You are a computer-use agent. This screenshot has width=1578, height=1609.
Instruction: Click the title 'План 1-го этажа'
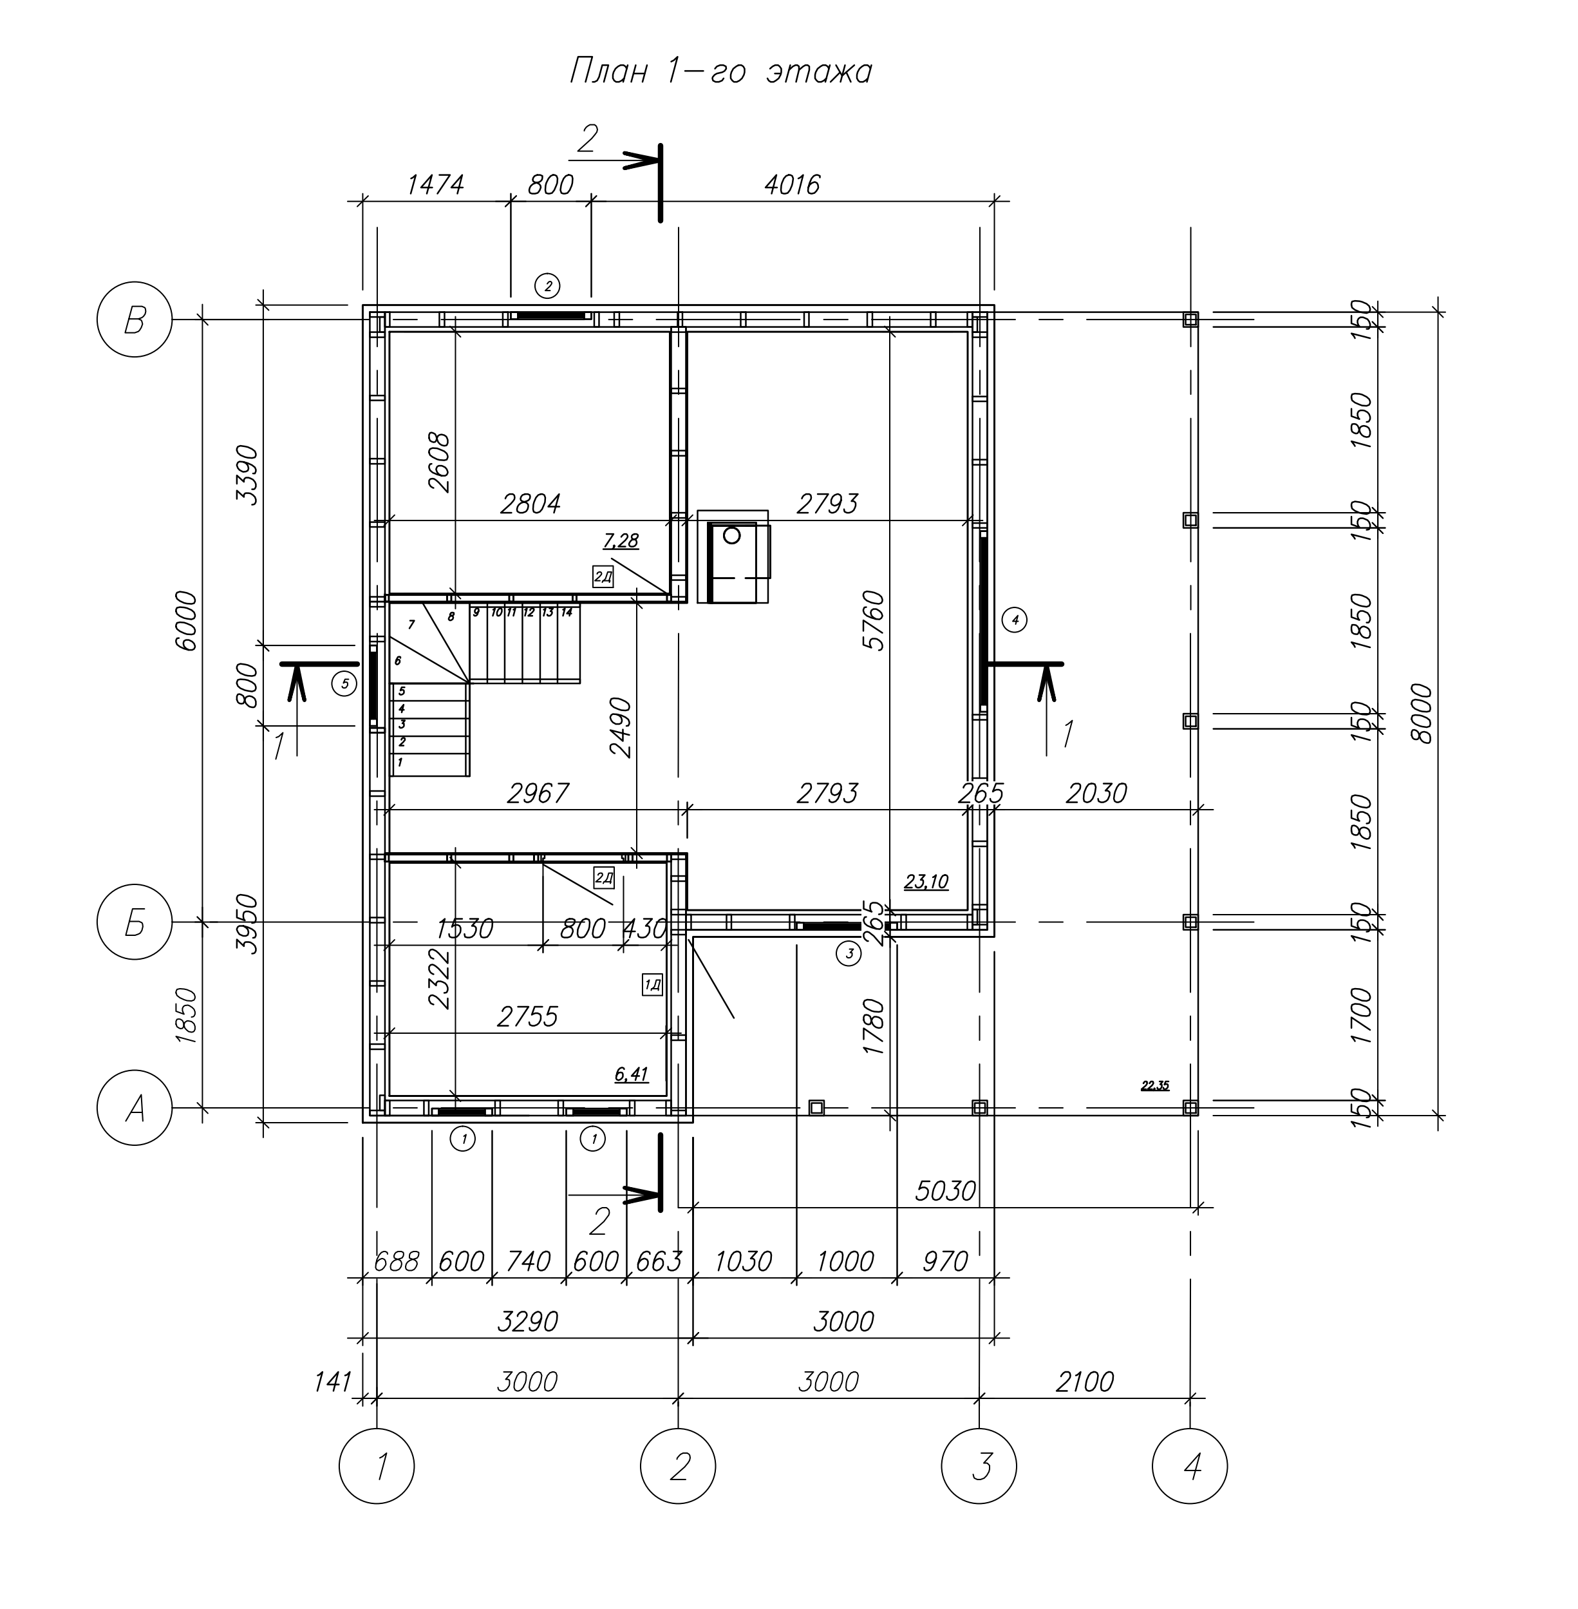coord(720,71)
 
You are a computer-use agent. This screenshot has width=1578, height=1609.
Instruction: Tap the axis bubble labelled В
coord(135,320)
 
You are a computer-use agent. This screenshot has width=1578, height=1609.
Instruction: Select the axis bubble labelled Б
coord(135,922)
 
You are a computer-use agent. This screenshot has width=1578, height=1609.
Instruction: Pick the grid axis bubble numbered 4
coord(1190,1467)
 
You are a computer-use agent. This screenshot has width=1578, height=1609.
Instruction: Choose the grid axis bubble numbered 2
coord(679,1467)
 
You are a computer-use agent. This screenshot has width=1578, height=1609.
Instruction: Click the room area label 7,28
coord(621,541)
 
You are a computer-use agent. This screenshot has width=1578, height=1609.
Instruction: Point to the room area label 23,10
coord(926,882)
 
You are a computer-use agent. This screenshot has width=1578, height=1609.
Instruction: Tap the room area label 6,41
coord(632,1075)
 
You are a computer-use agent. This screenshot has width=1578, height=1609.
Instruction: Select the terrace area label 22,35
coord(1155,1085)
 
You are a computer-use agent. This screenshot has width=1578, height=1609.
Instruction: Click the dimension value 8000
coord(1422,714)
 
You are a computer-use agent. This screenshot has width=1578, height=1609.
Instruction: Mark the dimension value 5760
coord(874,620)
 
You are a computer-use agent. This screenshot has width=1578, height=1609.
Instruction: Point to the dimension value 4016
coord(793,184)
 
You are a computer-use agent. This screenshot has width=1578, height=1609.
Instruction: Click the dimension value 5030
coord(946,1191)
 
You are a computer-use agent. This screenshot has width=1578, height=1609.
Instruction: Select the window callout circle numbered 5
coord(344,684)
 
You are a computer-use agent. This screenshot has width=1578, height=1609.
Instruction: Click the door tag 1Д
coord(652,985)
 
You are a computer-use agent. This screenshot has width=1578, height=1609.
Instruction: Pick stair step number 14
coord(567,613)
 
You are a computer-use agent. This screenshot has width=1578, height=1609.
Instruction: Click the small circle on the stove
coord(732,535)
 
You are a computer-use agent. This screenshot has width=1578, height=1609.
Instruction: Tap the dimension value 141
coord(332,1383)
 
